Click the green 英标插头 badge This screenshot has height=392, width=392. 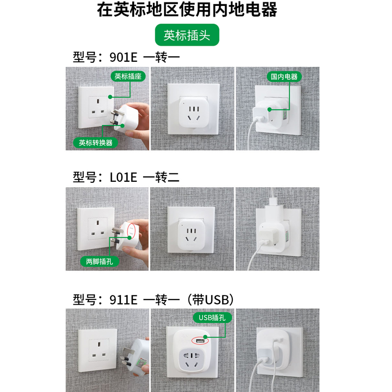point(187,35)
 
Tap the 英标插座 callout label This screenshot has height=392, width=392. point(128,76)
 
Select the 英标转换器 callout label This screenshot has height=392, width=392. point(96,143)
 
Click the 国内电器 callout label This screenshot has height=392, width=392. point(284,76)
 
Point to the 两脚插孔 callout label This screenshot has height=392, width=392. point(99,262)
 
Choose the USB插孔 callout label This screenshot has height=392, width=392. point(212,318)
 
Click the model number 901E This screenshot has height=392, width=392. point(123,57)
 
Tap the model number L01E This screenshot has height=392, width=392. point(123,177)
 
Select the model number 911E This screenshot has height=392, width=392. point(123,299)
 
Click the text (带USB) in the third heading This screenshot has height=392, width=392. point(210,299)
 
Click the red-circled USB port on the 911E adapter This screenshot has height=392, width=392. point(200,341)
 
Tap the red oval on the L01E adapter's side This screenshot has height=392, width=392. point(131,230)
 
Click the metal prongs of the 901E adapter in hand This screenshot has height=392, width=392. point(116,117)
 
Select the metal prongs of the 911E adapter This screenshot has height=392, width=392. point(126,357)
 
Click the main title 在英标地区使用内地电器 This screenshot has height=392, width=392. point(187,9)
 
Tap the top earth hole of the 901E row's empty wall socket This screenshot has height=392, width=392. point(98,101)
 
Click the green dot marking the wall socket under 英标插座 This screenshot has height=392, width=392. point(110,97)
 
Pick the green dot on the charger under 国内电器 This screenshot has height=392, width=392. point(269,109)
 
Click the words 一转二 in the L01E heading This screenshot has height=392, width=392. point(161,177)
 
